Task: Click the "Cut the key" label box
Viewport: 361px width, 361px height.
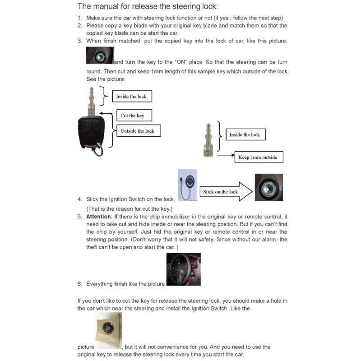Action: pyautogui.click(x=132, y=116)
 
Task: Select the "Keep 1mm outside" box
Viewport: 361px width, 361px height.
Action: pyautogui.click(x=260, y=157)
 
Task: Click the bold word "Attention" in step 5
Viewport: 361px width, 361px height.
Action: pyautogui.click(x=98, y=217)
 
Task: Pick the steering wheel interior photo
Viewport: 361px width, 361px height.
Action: pyautogui.click(x=183, y=269)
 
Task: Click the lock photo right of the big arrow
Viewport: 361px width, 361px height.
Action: pyautogui.click(x=268, y=187)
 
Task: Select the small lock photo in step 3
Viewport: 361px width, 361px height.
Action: pyautogui.click(x=100, y=56)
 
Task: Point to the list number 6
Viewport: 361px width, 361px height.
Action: pyautogui.click(x=79, y=284)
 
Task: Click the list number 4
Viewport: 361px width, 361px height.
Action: pyautogui.click(x=79, y=199)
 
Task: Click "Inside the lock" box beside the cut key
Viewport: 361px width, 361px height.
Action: pyautogui.click(x=245, y=134)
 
